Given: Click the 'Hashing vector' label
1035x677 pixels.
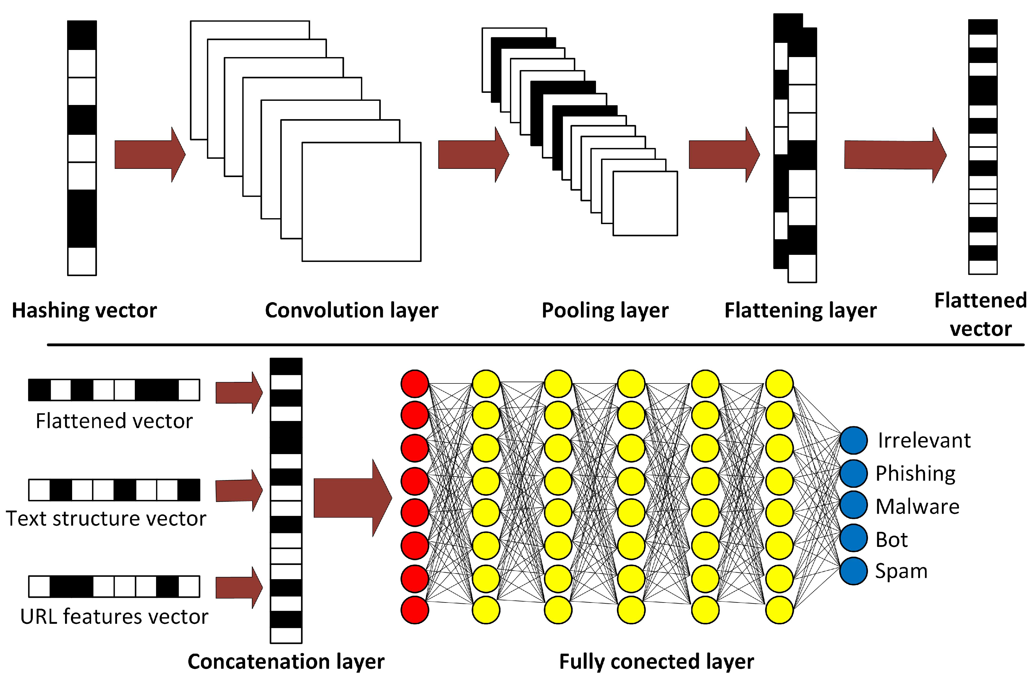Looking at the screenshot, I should tap(84, 310).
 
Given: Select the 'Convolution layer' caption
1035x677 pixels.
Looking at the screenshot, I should tap(352, 310).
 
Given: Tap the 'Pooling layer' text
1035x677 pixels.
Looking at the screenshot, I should tap(605, 310).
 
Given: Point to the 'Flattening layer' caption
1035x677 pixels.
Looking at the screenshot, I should tap(800, 310).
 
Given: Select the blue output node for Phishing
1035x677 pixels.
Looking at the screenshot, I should tap(853, 473).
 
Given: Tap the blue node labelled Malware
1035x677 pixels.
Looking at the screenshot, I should tap(853, 505).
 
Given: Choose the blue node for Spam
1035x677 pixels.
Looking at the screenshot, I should tap(853, 571).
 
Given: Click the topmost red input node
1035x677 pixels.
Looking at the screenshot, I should tap(414, 383).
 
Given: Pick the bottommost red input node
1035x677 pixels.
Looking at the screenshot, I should tap(414, 610).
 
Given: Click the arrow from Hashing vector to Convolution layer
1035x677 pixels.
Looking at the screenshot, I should tap(149, 154).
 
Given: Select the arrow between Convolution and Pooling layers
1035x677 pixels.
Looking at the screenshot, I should tap(473, 154).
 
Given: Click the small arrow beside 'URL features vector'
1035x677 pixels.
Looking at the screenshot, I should tap(238, 587).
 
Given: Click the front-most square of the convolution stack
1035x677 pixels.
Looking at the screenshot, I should tap(361, 201).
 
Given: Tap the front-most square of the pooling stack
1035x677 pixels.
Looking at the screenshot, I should tap(645, 203).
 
